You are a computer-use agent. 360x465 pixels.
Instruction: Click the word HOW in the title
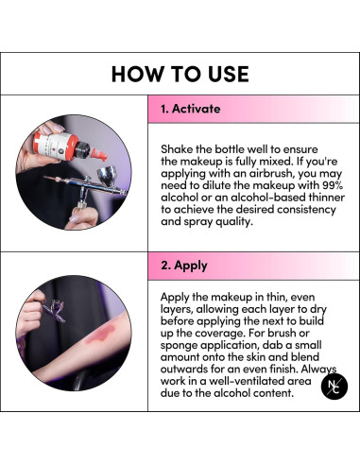tap(137, 75)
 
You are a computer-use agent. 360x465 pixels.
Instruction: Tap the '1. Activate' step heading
tap(191, 109)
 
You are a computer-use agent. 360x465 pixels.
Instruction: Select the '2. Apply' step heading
tap(184, 266)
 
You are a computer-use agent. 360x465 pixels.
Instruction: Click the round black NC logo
tap(334, 387)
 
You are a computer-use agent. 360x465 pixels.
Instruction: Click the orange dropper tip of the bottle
tap(98, 155)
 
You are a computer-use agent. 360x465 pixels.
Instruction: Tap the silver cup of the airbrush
tap(107, 177)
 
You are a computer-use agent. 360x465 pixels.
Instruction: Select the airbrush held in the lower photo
tap(53, 312)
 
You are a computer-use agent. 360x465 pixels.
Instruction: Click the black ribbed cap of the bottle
tap(82, 149)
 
